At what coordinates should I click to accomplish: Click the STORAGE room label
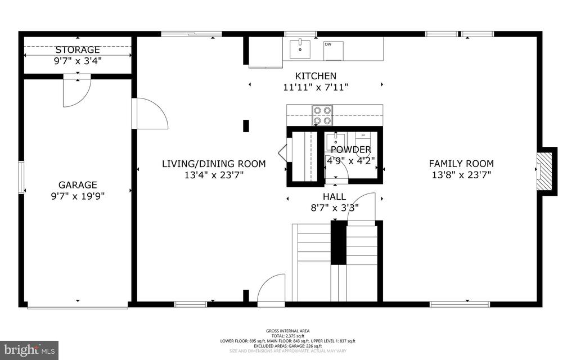(78, 50)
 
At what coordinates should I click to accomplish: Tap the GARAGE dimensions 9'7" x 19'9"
(78, 196)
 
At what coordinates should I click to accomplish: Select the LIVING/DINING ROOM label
(214, 164)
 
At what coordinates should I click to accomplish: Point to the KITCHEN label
(316, 76)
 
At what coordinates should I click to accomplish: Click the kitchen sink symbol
(300, 48)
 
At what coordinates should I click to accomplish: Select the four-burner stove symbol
(322, 115)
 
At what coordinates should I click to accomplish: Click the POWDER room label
(351, 150)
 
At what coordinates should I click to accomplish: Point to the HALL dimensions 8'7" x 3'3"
(334, 207)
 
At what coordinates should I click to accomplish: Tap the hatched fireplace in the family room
(543, 171)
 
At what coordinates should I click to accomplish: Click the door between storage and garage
(76, 91)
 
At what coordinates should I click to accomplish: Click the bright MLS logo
(29, 348)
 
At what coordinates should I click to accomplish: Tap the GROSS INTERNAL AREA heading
(287, 331)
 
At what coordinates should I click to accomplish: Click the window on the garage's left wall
(21, 177)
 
